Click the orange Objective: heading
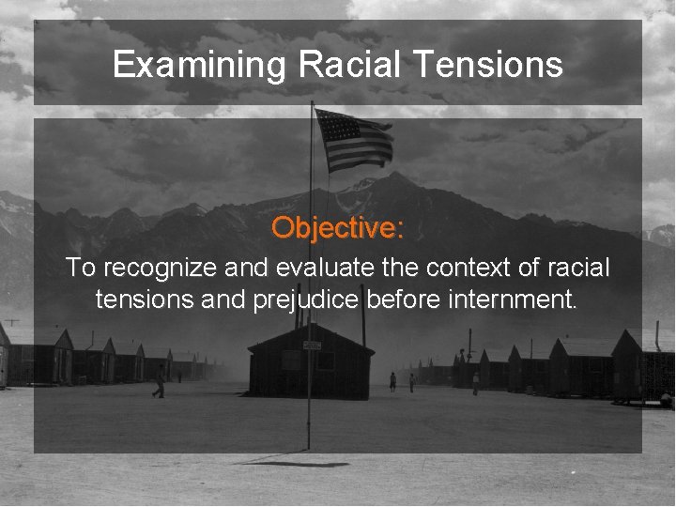pos(338,227)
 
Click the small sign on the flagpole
pos(312,346)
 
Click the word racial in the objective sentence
pos(576,269)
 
